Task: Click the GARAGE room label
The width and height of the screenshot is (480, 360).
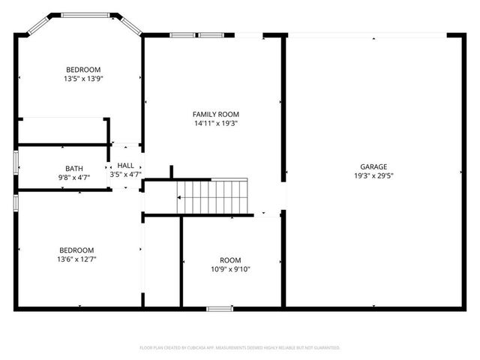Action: [x=373, y=166]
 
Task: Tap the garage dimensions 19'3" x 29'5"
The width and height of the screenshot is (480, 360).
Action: [x=373, y=176]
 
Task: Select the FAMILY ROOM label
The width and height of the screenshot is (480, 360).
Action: [x=216, y=114]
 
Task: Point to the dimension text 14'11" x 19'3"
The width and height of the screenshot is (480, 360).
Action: [x=216, y=124]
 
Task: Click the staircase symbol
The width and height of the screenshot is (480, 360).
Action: [x=213, y=196]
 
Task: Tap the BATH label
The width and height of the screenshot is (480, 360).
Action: [x=74, y=168]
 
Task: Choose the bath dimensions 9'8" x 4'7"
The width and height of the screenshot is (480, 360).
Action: [x=74, y=178]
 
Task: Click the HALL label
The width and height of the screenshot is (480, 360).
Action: [x=126, y=165]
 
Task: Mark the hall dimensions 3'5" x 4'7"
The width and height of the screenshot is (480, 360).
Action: [x=126, y=175]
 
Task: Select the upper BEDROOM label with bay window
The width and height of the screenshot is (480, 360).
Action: [x=83, y=69]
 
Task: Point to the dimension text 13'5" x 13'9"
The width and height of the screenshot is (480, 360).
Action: [x=83, y=78]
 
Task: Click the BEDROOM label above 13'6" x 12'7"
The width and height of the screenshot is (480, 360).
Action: [x=76, y=250]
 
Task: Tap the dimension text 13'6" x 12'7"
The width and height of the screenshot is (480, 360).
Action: [x=76, y=259]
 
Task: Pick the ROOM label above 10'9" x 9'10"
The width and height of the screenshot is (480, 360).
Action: [x=231, y=259]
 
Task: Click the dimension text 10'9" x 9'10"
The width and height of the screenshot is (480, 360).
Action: [x=231, y=268]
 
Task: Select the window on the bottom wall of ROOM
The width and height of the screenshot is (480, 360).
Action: [x=220, y=307]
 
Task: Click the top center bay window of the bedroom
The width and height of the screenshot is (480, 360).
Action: [x=86, y=14]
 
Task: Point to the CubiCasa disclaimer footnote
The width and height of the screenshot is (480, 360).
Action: [x=240, y=348]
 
